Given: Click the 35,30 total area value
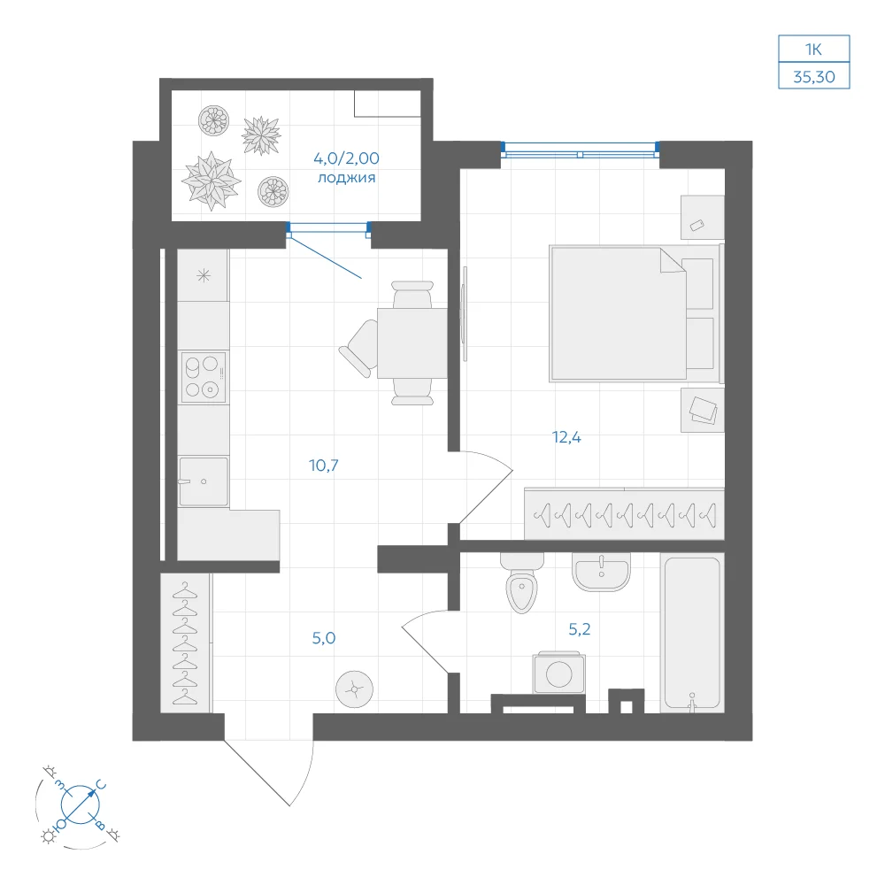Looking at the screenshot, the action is coord(814,77).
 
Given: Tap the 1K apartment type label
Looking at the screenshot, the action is coord(813,50).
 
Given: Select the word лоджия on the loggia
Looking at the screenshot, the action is coord(347,179).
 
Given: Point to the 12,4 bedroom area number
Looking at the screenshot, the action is coord(566,437).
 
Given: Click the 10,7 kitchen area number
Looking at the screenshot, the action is coord(323,466).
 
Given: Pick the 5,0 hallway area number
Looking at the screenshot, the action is coord(323,638).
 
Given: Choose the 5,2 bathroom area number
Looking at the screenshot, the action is coord(579,628).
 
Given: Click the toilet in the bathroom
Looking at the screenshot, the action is coord(522,583).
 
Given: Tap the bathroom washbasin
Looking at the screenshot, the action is coord(601,571).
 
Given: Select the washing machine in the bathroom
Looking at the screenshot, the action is coord(558,673).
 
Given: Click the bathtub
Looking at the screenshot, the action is coord(692,633).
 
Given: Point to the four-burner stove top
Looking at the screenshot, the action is coord(204,377).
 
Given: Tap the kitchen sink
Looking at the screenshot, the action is coord(204,481).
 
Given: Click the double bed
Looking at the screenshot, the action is coord(635,313).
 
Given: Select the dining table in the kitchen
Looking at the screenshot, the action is coord(412,343).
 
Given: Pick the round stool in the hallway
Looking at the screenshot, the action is coord(354,689).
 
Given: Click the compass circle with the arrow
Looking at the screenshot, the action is coord(81,804).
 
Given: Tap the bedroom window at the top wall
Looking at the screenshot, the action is coord(580,150).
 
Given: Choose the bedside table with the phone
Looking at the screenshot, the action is coord(702,218).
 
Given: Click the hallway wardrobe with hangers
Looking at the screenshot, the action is coord(186,643).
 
